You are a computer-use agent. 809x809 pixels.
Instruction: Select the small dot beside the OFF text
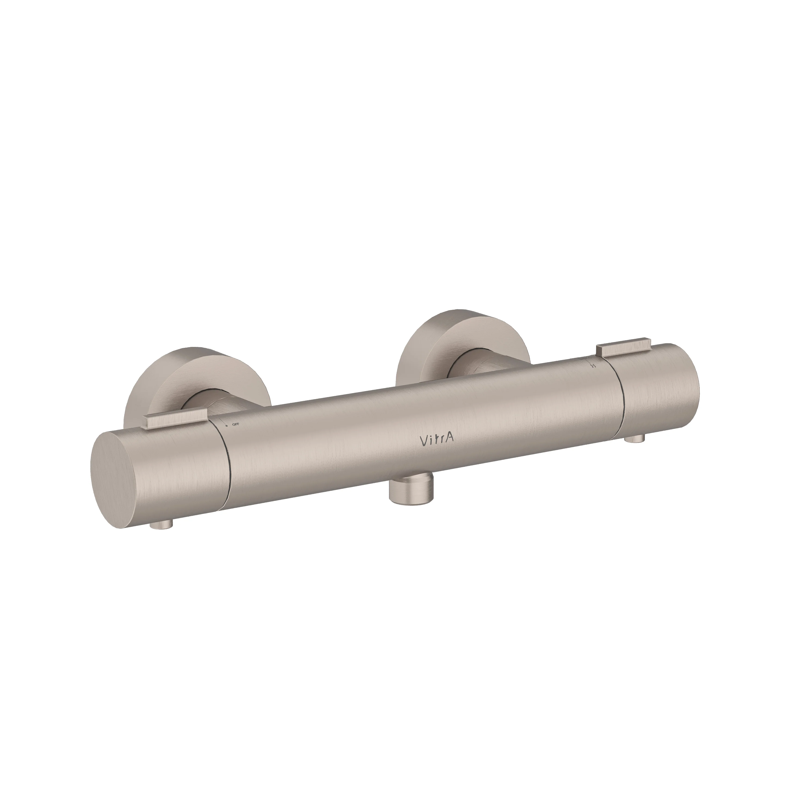[227, 426]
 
